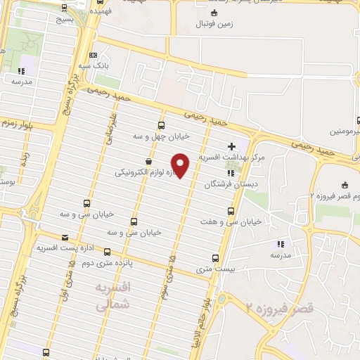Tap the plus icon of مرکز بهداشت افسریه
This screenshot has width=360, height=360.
click(231, 146)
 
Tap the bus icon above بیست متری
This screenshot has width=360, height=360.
click(215, 258)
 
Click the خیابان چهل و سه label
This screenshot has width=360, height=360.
click(160, 135)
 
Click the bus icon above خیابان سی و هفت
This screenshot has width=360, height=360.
click(231, 211)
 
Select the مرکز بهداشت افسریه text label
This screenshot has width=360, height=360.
click(231, 157)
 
